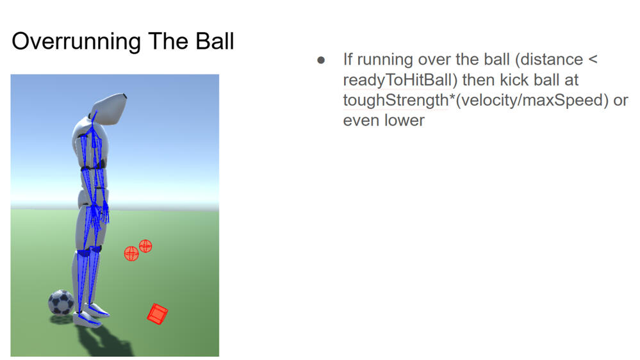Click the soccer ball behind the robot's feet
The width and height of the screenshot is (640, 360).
pyautogui.click(x=61, y=302)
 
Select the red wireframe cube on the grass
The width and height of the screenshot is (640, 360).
pyautogui.click(x=157, y=314)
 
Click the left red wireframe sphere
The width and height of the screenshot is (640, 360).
pyautogui.click(x=131, y=254)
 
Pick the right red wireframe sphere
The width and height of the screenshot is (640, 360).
pyautogui.click(x=145, y=245)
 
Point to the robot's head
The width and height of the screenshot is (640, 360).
pyautogui.click(x=109, y=108)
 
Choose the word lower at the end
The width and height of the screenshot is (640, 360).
pyautogui.click(x=404, y=120)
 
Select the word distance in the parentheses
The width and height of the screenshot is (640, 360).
pyautogui.click(x=552, y=60)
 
